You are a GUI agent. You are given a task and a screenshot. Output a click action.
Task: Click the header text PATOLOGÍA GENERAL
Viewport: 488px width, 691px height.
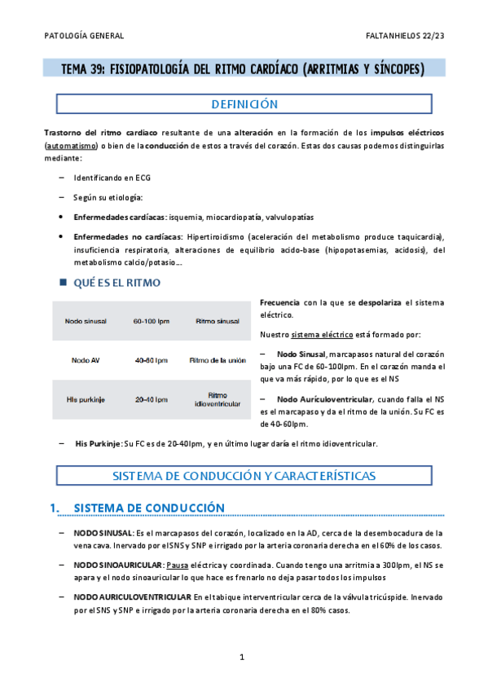pos(83,36)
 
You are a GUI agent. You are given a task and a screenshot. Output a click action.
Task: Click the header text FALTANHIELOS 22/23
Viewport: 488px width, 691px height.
pos(405,36)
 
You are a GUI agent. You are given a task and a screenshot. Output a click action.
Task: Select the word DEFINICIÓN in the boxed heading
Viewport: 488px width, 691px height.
pos(244,104)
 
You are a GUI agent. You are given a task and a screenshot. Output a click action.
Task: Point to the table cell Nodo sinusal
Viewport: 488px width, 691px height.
pos(86,321)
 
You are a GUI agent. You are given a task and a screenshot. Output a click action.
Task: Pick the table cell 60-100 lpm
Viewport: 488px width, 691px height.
pos(151,321)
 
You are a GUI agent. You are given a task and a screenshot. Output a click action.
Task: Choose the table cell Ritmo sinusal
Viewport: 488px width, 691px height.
pos(216,321)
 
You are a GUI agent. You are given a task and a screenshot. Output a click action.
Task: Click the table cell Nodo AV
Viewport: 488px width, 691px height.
pos(86,359)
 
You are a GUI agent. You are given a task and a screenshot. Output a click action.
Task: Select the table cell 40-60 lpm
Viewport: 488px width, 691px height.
pos(151,359)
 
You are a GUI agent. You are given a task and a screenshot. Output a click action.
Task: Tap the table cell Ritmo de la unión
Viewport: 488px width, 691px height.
pos(216,359)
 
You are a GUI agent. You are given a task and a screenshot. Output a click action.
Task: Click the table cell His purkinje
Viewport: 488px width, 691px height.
pos(86,399)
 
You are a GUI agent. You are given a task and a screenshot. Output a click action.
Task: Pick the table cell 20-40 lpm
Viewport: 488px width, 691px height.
pos(151,399)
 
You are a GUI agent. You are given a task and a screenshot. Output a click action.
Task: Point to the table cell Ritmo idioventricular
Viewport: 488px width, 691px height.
pos(216,399)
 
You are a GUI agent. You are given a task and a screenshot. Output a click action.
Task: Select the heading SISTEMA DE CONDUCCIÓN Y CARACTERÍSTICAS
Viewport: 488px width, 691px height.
pos(244,475)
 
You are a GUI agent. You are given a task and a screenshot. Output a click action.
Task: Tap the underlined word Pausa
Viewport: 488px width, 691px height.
pos(178,564)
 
